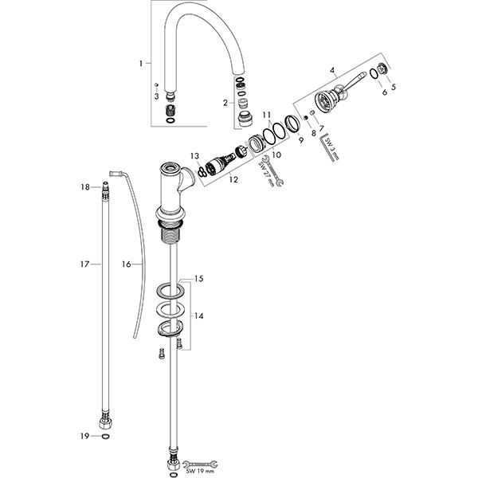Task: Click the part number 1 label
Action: (x=140, y=62)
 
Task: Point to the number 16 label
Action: (x=126, y=264)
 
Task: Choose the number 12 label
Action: (x=233, y=179)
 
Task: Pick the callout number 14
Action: (x=199, y=316)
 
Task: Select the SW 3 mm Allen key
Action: (x=324, y=149)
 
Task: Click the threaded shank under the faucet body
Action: (x=171, y=231)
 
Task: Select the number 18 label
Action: (x=86, y=186)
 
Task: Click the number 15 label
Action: (x=199, y=280)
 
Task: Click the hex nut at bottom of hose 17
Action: (x=105, y=419)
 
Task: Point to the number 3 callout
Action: (x=156, y=96)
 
